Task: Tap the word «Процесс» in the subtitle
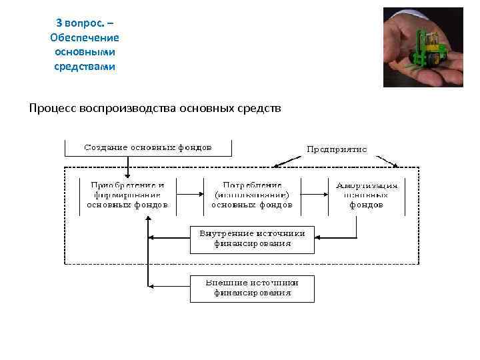52,107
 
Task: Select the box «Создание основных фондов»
148,147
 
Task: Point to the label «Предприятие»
336,149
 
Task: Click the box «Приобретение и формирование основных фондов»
127,195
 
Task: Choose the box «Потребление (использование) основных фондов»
251,195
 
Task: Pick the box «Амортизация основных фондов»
367,195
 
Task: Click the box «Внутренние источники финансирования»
252,239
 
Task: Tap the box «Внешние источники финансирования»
252,287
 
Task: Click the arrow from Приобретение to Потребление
190,195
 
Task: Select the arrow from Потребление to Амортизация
312,195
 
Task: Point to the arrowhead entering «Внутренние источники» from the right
318,237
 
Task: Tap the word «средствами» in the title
85,67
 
